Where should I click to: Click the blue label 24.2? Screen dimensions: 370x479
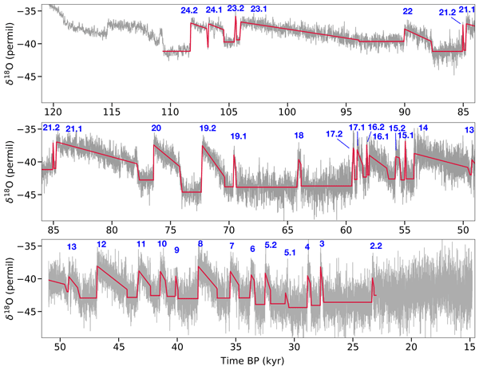click(x=190, y=10)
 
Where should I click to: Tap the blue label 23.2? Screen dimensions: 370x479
click(x=236, y=8)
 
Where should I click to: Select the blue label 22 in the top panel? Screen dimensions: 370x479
click(x=408, y=11)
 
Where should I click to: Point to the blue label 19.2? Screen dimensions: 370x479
click(x=208, y=128)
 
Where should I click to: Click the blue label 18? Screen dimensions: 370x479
click(x=299, y=136)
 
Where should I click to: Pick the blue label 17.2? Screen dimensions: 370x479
click(x=335, y=133)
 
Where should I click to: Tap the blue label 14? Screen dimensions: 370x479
click(x=423, y=128)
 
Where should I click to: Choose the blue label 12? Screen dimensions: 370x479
click(x=101, y=244)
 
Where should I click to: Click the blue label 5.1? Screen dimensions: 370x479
click(x=290, y=253)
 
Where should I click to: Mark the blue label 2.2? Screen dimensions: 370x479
click(x=376, y=245)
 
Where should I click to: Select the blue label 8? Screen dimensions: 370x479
click(x=200, y=243)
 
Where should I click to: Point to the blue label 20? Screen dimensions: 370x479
click(x=156, y=128)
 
